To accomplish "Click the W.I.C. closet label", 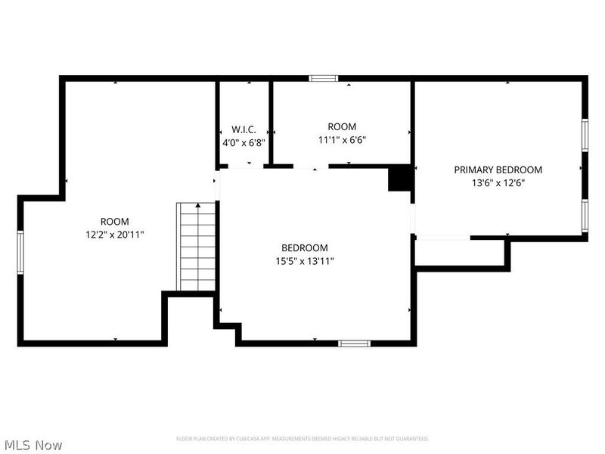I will click(244, 129).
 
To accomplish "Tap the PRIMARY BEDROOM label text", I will click(498, 170).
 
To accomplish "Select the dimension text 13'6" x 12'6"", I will click(498, 182).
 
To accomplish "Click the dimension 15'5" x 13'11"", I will click(305, 261).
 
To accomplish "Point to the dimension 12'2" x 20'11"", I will click(115, 235).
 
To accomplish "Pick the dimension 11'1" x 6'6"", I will click(342, 140).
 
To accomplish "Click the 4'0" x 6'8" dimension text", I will click(244, 141).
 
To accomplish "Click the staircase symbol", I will click(198, 247).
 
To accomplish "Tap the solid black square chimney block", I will click(400, 179).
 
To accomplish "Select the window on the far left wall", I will click(21, 250).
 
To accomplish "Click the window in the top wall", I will click(324, 77).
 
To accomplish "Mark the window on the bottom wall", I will click(354, 344).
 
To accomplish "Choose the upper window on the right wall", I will click(585, 136).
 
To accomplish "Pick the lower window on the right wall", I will click(585, 215).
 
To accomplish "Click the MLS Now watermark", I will click(34, 445).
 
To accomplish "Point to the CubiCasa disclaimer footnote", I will click(302, 439).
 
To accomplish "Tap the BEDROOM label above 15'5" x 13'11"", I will click(305, 248).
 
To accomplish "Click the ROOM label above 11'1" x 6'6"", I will click(342, 127).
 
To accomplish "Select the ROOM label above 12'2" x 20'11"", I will click(115, 222).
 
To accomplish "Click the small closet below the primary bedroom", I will click(459, 252).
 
